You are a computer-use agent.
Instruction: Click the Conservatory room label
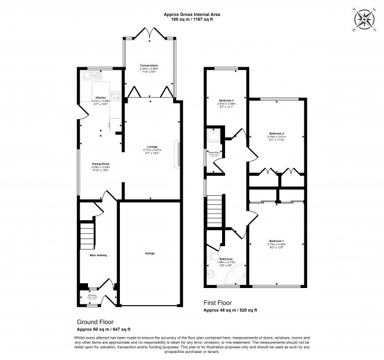click(149, 66)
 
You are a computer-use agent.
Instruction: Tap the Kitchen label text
click(100, 98)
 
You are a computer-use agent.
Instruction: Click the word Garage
click(150, 253)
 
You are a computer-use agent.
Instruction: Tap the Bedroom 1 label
click(276, 241)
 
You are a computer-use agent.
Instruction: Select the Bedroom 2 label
click(276, 133)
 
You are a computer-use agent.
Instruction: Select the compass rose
click(367, 18)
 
